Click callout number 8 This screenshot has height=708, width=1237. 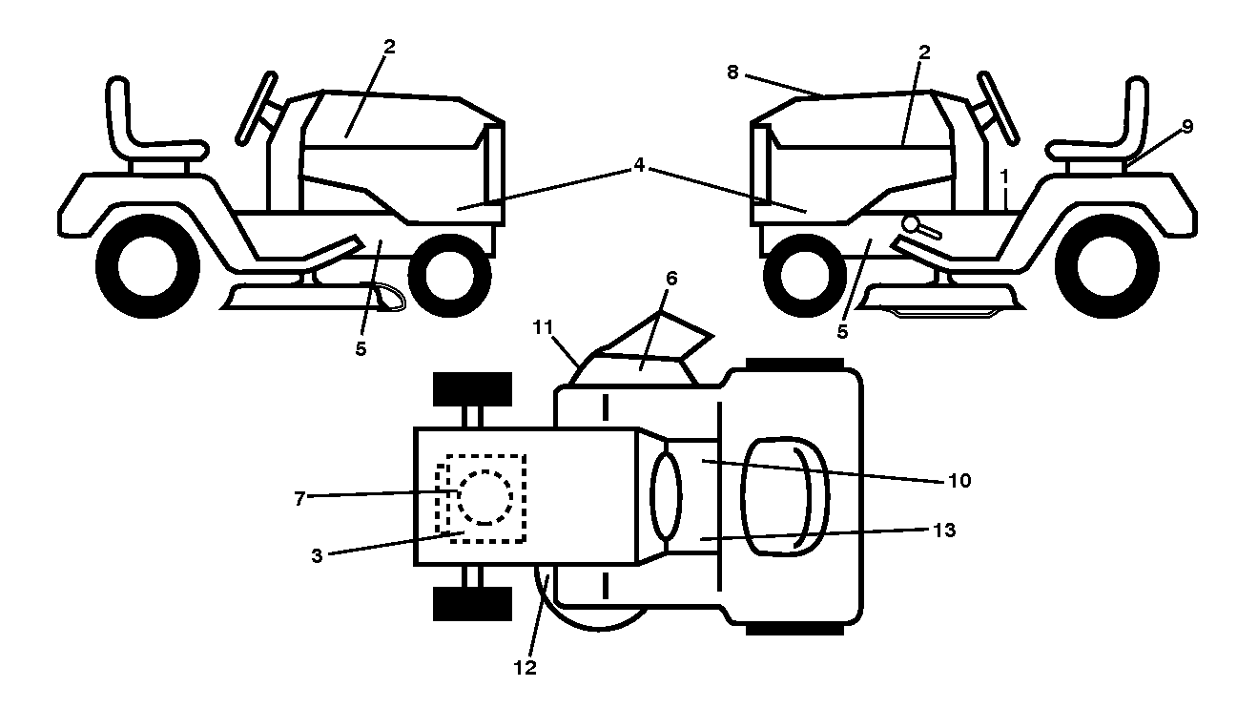click(x=732, y=73)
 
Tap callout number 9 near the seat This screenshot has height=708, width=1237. click(x=1187, y=127)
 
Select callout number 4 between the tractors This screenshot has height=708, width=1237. click(x=639, y=165)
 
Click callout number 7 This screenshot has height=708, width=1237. click(x=299, y=499)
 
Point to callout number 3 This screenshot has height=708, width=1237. click(x=317, y=555)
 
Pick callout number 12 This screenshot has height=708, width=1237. click(x=526, y=668)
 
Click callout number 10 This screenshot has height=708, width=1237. click(x=959, y=481)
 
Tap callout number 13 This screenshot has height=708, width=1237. click(x=944, y=531)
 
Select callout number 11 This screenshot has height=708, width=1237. click(x=543, y=327)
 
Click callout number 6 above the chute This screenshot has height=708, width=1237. click(x=671, y=279)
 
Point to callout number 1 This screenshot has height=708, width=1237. click(x=1004, y=177)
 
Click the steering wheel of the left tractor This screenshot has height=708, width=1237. click(x=257, y=109)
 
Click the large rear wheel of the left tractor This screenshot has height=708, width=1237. click(x=148, y=266)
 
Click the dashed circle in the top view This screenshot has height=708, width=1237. click(x=484, y=497)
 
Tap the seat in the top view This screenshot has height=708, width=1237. click(x=784, y=496)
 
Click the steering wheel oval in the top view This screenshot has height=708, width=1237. click(x=666, y=496)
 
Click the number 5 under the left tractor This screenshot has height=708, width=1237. click(x=361, y=348)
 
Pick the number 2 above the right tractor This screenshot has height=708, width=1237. click(x=924, y=52)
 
